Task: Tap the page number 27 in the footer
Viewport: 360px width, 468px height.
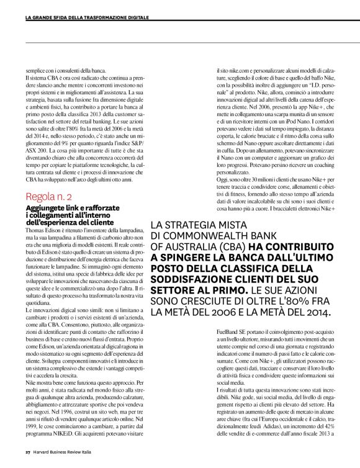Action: [28, 451]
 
